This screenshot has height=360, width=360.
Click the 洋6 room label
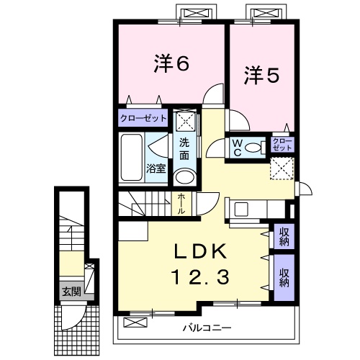click(171, 63)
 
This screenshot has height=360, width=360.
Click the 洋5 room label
click(261, 74)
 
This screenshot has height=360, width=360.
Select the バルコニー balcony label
click(206, 328)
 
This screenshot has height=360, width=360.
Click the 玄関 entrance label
click(71, 292)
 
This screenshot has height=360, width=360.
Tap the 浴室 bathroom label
click(156, 168)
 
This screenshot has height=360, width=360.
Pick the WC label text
click(236, 147)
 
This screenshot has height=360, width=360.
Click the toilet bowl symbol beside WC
click(253, 148)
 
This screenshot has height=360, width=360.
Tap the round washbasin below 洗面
click(185, 178)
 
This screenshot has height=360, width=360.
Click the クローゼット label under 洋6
click(143, 117)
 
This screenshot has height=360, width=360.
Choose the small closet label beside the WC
click(282, 143)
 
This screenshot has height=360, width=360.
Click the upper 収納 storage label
click(284, 236)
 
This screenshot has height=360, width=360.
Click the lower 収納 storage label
click(284, 277)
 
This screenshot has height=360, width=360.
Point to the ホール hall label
click(181, 204)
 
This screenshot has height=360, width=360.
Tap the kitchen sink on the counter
click(240, 210)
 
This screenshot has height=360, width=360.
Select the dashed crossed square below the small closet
click(282, 168)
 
